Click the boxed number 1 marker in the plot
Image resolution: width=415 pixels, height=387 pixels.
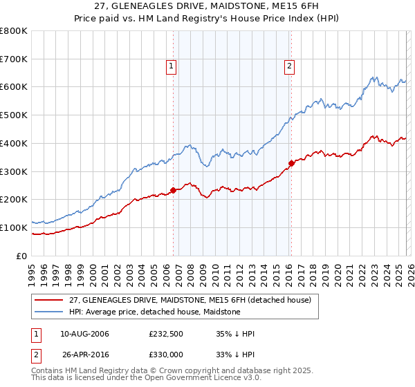tap(171, 66)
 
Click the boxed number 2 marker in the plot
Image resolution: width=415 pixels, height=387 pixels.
tap(288, 66)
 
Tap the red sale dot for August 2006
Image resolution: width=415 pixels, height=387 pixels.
tap(173, 191)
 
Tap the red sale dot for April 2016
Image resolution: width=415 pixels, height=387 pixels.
tap(291, 164)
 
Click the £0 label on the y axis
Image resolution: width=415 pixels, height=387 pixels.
tap(21, 256)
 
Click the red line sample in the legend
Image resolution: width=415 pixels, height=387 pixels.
tap(49, 300)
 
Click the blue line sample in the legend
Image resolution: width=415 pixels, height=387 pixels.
tap(49, 312)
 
